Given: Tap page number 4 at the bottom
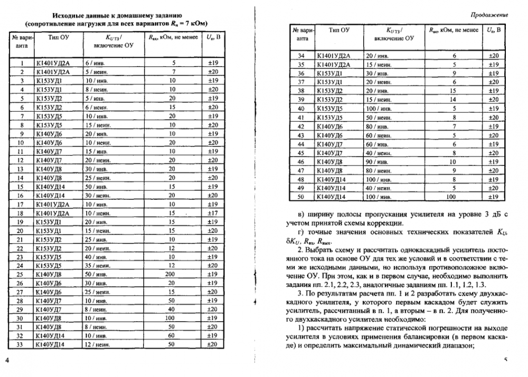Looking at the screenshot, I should pyautogui.click(x=7, y=360).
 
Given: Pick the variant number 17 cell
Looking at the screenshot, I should pyautogui.click(x=21, y=204).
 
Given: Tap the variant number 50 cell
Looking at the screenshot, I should pyautogui.click(x=301, y=197).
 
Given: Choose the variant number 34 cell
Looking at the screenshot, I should pyautogui.click(x=301, y=55).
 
